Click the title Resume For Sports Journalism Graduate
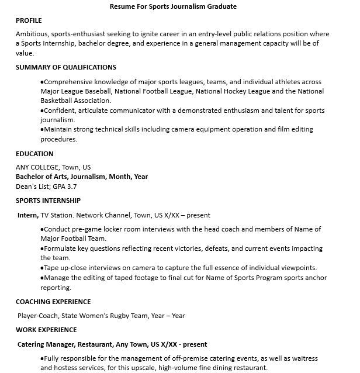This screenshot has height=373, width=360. (x=173, y=7)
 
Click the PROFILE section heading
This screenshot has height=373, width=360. (x=29, y=20)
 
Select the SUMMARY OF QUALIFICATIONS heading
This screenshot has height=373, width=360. (x=65, y=67)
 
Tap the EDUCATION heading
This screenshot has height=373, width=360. (x=34, y=154)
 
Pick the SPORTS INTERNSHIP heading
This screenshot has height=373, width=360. (x=48, y=201)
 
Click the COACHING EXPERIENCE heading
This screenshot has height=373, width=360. (x=53, y=302)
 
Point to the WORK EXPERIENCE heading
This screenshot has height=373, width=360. (x=46, y=330)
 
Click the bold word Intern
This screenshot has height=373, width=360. (x=27, y=215)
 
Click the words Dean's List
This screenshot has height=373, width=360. (x=33, y=186)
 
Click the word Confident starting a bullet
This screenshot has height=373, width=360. (x=59, y=110)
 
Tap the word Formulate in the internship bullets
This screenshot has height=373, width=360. (x=60, y=248)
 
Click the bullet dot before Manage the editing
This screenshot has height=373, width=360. (x=42, y=278)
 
